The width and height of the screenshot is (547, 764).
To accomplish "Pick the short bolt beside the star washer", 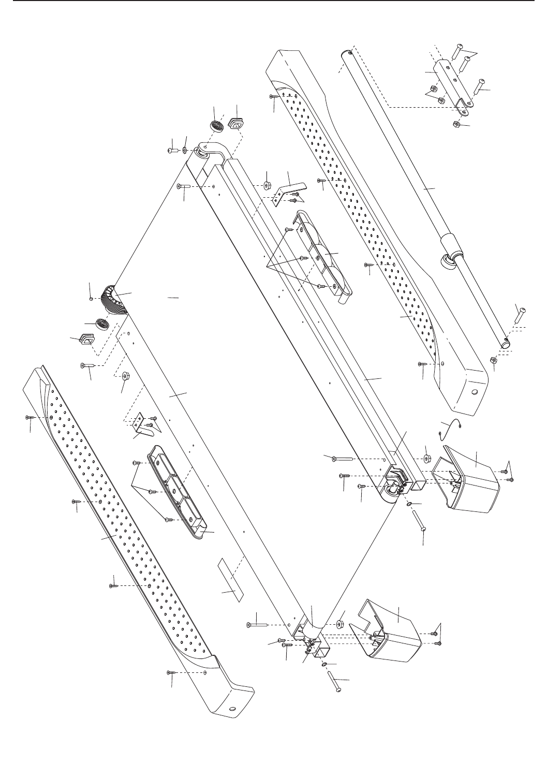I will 173,150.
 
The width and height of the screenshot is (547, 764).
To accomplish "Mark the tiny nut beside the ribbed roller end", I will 91,299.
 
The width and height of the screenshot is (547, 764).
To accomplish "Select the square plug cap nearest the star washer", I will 236,125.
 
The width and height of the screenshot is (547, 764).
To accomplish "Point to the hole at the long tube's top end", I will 350,52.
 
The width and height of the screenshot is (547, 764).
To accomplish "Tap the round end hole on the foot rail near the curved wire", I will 474,393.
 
